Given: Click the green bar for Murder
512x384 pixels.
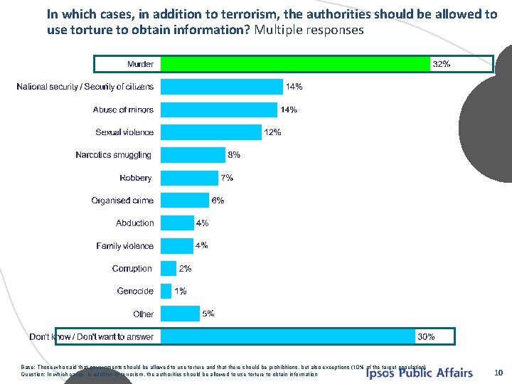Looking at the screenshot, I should tap(295, 64).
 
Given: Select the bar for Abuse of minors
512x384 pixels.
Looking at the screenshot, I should tap(219, 110).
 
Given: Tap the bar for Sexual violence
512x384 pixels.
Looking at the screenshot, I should tap(211, 132).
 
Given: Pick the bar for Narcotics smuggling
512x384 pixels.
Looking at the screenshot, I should tap(193, 155).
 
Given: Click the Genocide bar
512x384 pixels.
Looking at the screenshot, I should tap(166, 291).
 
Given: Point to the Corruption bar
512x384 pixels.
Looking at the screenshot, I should tap(169, 268).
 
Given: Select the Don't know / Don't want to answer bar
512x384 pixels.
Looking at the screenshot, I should tap(288, 336).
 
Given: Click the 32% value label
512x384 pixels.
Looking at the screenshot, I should tap(442, 64).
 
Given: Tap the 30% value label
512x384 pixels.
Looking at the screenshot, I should tap(426, 336).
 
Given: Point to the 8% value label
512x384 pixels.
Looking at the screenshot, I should tap(234, 154).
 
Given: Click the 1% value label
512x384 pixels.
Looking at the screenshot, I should tap(181, 291).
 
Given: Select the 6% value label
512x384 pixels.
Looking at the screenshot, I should tap(218, 201).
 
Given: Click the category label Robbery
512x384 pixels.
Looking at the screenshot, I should tap(136, 178).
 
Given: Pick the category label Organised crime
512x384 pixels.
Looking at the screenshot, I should tap(122, 201).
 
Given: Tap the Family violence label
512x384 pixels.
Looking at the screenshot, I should tap(125, 246).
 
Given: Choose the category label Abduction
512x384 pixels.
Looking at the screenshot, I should tap(135, 223).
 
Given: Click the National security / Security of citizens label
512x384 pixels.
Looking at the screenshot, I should tap(85, 87).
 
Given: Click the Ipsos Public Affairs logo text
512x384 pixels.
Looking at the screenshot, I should tap(419, 373).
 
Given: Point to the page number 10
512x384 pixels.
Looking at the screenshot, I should tap(498, 372).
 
